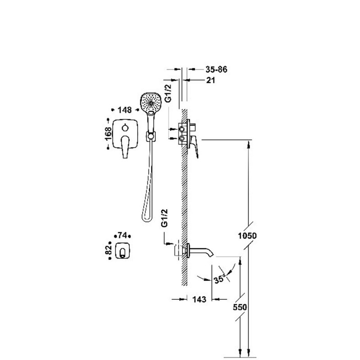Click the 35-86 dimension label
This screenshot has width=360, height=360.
point(216,69)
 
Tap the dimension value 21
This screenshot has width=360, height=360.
point(211,81)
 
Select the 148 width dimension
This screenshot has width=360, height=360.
point(125,110)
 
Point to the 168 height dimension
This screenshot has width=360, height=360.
point(108,133)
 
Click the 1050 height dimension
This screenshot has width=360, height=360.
point(247,236)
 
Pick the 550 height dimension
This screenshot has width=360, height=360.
point(240,307)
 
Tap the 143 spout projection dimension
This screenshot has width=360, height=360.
point(199,299)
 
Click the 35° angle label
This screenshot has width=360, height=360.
point(219,279)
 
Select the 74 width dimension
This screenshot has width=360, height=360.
point(122,235)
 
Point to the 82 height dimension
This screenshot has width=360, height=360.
point(108,250)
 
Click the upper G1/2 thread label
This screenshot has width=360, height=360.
point(168,93)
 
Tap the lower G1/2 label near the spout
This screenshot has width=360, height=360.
point(165,218)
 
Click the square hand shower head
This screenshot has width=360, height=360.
point(150,103)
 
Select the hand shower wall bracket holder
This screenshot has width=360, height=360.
point(151,136)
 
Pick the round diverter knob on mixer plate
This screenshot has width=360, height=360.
point(125,128)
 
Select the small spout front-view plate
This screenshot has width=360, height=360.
point(123,251)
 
